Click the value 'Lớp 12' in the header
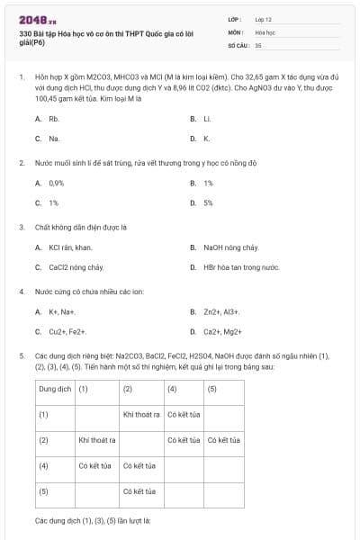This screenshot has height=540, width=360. (264, 18)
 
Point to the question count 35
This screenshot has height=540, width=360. (258, 44)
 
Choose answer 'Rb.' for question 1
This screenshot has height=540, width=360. (54, 118)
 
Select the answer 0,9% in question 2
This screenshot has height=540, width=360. (57, 183)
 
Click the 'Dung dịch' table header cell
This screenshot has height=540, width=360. (54, 389)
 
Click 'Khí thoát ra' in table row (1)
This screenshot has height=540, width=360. (141, 415)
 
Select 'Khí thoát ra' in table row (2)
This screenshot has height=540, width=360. (98, 440)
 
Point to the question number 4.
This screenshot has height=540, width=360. (22, 292)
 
